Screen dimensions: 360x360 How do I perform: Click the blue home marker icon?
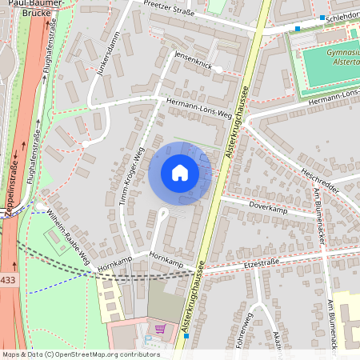180,173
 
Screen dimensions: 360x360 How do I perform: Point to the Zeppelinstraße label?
12,188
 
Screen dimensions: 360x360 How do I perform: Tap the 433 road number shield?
8,279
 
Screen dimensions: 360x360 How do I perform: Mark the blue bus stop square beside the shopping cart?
186,336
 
